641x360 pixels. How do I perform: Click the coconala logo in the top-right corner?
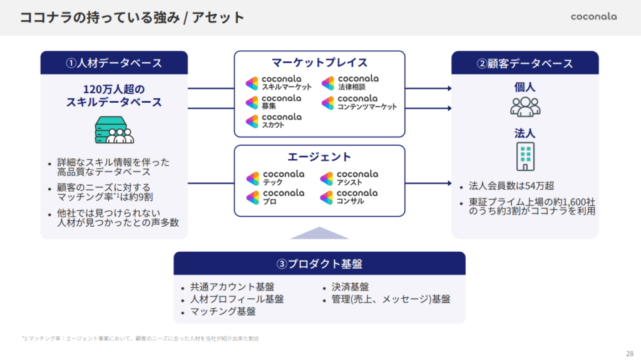pyautogui.click(x=593, y=17)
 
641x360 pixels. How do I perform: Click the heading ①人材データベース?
pyautogui.click(x=114, y=63)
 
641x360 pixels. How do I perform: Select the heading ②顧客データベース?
pyautogui.click(x=525, y=63)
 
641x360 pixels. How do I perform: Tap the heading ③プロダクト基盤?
pyautogui.click(x=319, y=263)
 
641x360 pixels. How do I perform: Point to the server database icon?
pyautogui.click(x=114, y=130)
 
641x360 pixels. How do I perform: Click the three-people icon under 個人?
pyautogui.click(x=525, y=106)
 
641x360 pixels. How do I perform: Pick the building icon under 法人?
pyautogui.click(x=525, y=156)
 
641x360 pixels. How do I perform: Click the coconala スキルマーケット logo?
pyautogui.click(x=279, y=83)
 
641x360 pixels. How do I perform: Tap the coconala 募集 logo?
pyautogui.click(x=274, y=102)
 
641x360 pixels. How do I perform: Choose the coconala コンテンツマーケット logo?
pyautogui.click(x=359, y=102)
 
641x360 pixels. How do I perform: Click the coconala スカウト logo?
pyautogui.click(x=274, y=121)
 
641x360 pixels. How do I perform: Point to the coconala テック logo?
pyautogui.click(x=275, y=178)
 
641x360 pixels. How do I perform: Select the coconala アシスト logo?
pyautogui.click(x=349, y=178)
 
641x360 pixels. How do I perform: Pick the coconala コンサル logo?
pyautogui.click(x=349, y=197)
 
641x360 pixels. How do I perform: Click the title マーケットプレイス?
pyautogui.click(x=319, y=63)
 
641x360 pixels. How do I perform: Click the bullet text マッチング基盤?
pyautogui.click(x=222, y=311)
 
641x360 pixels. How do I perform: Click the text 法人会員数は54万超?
pyautogui.click(x=511, y=186)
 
